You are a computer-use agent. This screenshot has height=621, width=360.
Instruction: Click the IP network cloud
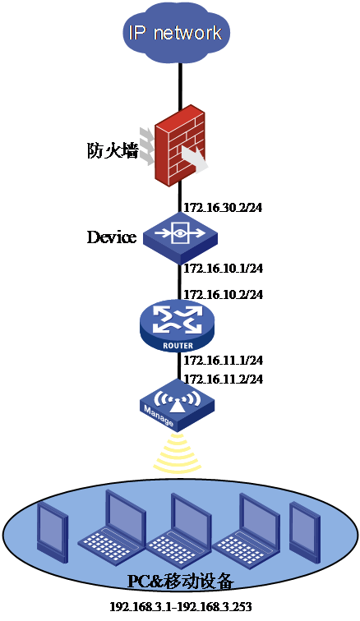[x=176, y=34]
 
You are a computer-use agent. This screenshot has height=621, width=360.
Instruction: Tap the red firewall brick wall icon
[x=180, y=145]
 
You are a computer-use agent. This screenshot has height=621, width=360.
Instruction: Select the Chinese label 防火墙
[x=113, y=151]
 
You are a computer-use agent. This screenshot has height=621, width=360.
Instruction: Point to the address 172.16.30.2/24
[x=223, y=208]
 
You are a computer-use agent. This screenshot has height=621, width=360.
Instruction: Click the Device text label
[x=112, y=237]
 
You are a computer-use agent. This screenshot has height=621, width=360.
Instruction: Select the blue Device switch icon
[x=180, y=237]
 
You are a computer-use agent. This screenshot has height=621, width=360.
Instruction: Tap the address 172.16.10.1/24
[x=224, y=268]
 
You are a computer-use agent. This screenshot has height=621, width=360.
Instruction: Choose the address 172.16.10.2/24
[x=224, y=295]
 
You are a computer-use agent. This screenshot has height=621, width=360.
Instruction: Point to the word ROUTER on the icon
[x=178, y=346]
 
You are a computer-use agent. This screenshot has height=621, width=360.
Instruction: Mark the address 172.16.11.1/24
[x=224, y=361]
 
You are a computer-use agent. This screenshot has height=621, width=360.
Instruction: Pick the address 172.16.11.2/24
[x=224, y=379]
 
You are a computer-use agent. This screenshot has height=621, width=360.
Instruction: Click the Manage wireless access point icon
[x=178, y=405]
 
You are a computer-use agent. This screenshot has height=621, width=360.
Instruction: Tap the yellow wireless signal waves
[x=178, y=453]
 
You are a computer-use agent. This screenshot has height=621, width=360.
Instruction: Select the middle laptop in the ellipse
[x=179, y=528]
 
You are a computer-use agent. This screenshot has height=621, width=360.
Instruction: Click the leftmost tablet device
[x=53, y=533]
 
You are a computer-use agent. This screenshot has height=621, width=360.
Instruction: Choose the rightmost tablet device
[x=304, y=533]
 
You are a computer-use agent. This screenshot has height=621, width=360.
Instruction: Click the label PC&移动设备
[x=181, y=582]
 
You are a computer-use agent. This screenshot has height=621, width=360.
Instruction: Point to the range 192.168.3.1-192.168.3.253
[x=180, y=606]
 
